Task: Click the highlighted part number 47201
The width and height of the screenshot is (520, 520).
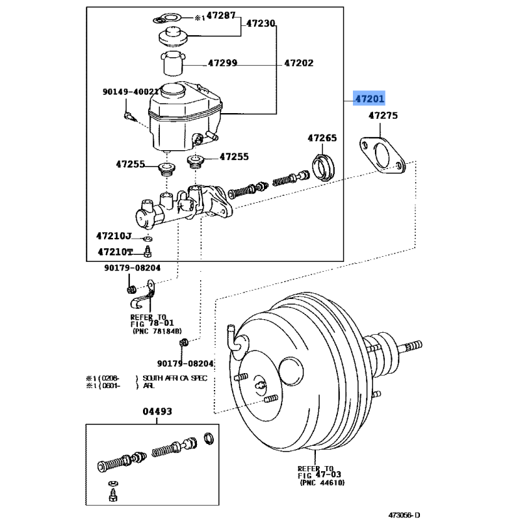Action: tap(369, 99)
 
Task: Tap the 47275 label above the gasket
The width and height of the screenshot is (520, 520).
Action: tap(383, 116)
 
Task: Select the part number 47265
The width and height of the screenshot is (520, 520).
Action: tap(322, 138)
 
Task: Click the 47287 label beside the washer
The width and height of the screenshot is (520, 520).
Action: tap(221, 16)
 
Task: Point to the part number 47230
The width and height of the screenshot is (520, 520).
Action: tap(261, 23)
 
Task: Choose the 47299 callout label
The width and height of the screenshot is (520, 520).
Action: tap(222, 63)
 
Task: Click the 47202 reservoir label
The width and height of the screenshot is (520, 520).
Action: tap(299, 63)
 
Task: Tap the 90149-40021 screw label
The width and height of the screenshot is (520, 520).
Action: tap(131, 92)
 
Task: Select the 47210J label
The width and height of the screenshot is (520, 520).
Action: tap(114, 236)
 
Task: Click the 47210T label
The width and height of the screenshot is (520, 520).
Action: tap(115, 252)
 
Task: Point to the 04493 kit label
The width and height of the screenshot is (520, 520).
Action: tap(157, 411)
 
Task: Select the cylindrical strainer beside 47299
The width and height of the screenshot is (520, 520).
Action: tap(173, 64)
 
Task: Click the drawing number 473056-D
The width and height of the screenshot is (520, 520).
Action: tap(404, 515)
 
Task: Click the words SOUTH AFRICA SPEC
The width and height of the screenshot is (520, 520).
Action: tap(175, 378)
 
